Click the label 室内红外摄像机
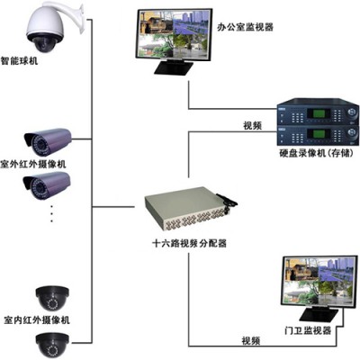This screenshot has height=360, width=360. tap(37, 319)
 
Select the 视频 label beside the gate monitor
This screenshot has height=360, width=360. tap(251, 341)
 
